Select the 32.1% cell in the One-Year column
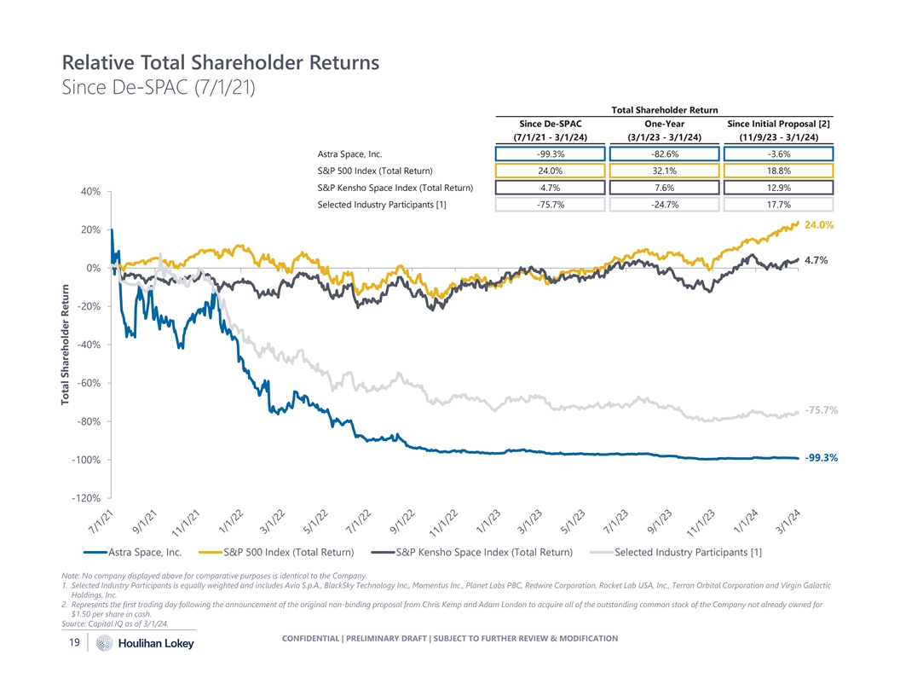(x=664, y=171)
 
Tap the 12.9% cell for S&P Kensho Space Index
(x=778, y=188)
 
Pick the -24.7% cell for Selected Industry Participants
(x=664, y=204)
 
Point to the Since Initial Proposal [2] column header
(x=778, y=123)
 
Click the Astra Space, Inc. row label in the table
(x=349, y=154)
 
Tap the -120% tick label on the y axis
(x=87, y=498)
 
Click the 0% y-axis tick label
(x=94, y=269)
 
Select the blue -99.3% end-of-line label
(x=821, y=458)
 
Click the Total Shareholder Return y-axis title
(x=65, y=345)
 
